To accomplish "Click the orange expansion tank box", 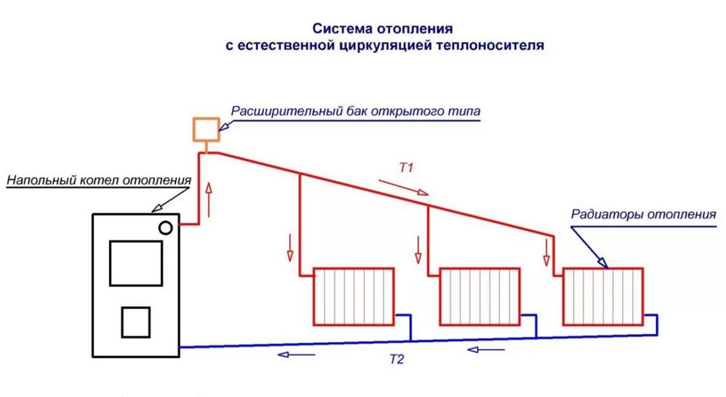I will point(206,129).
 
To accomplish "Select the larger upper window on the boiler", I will point(136,263).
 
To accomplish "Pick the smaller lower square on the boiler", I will point(135,322).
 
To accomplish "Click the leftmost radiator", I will point(354,296).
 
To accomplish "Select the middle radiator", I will point(480,296).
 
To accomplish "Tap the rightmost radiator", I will point(603,296).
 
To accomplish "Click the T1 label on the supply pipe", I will point(406,168).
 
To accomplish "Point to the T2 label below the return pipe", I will point(395,360).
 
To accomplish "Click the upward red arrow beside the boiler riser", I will point(209,200).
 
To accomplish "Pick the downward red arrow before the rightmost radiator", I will point(546,252).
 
